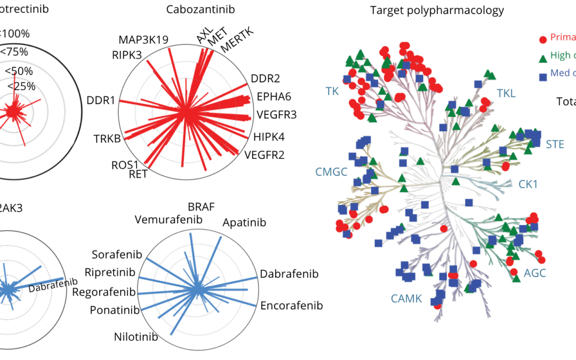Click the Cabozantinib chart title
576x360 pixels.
point(200,10)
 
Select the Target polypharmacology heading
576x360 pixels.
point(437,10)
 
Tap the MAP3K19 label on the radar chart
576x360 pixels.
point(143,41)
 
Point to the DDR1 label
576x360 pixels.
point(101,100)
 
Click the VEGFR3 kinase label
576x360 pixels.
point(277,114)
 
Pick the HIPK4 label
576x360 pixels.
point(269,137)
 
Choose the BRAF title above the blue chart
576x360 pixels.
point(201,207)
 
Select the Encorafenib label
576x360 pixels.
point(292,306)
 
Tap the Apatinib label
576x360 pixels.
point(244,222)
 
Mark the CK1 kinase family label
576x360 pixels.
point(528,184)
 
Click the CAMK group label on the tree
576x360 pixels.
point(406,299)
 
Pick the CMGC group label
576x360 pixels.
point(331,172)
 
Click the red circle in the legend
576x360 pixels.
point(543,39)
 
